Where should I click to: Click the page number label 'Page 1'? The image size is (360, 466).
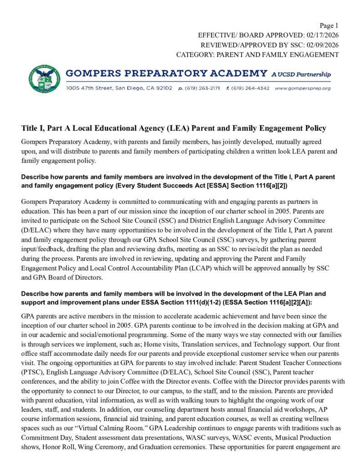329,25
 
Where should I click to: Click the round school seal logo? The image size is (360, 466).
44,78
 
